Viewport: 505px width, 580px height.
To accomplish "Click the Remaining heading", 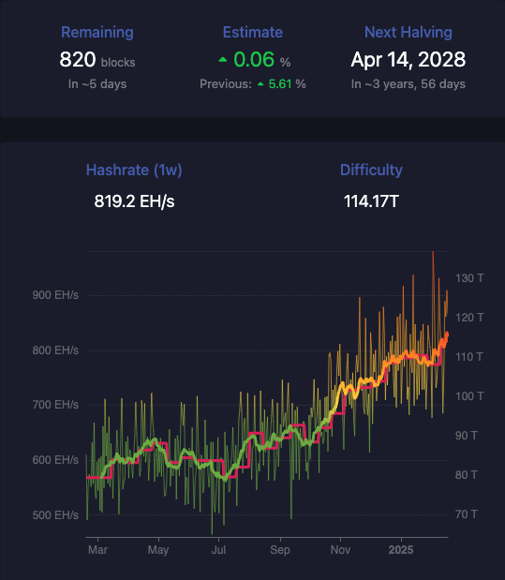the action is (97, 33).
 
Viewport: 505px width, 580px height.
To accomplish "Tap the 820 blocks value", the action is (97, 60).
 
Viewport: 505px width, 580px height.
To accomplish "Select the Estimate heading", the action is (253, 33).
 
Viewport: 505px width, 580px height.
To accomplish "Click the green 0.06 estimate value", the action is (254, 60).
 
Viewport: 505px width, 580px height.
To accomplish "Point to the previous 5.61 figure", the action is (280, 84).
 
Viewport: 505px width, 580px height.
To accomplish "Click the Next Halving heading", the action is (408, 33).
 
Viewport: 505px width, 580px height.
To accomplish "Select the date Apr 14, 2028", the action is (408, 60).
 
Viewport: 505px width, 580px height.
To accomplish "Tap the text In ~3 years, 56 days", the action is (408, 84).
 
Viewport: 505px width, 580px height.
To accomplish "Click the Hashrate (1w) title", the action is (134, 171).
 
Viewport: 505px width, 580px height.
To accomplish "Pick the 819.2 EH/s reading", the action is (134, 201).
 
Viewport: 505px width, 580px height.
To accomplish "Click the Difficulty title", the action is (371, 171).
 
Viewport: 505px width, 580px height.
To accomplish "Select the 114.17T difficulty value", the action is (371, 201).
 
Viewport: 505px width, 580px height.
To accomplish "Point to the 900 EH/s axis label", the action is (55, 295).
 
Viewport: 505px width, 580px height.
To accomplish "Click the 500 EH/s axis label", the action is (55, 515).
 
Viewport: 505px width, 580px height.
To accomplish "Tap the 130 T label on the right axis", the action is (469, 278).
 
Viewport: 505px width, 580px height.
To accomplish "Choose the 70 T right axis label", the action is (467, 514).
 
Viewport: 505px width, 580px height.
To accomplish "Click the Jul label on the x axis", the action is (218, 550).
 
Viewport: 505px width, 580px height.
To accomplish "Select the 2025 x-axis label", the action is (401, 550).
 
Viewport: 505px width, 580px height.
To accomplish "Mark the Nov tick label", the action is (340, 550).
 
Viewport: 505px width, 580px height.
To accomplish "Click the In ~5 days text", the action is (97, 84).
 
